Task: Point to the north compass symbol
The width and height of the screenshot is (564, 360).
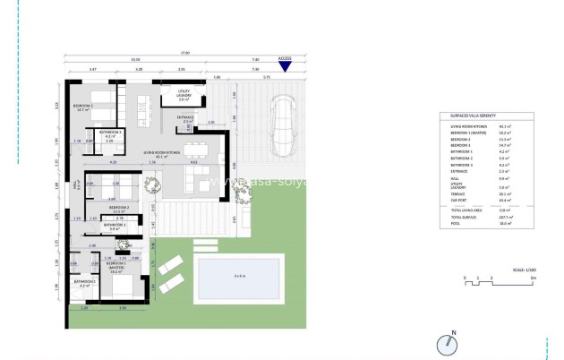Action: [447, 344]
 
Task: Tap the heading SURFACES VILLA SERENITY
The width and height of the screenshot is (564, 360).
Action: [469, 116]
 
